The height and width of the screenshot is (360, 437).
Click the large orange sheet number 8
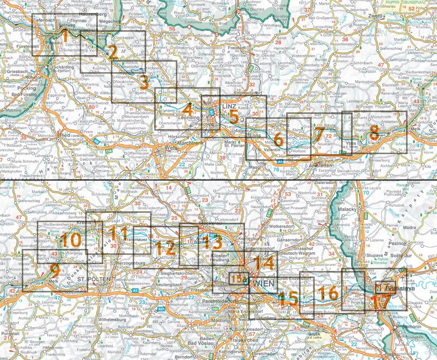click(x=373, y=133)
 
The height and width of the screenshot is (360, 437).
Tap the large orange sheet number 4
click(x=188, y=108)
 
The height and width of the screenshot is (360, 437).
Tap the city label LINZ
click(x=229, y=107)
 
